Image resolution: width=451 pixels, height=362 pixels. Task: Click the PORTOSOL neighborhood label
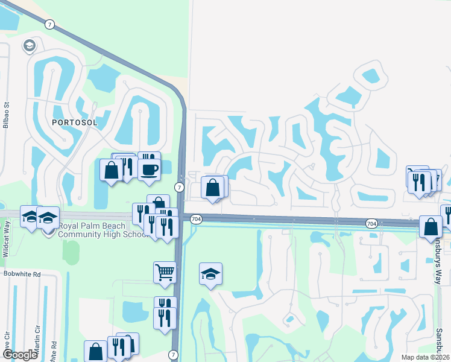pos(71,122)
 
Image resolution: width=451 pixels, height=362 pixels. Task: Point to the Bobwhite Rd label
pos(21,273)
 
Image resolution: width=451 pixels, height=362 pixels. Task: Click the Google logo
pos(20,355)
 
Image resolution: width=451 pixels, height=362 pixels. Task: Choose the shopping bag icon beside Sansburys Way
pos(432,226)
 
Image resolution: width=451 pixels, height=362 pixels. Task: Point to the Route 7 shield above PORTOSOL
pos(49,24)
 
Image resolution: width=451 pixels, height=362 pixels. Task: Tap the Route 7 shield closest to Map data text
pos(174,355)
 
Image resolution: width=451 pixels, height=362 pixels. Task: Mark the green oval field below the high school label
pos(71,252)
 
